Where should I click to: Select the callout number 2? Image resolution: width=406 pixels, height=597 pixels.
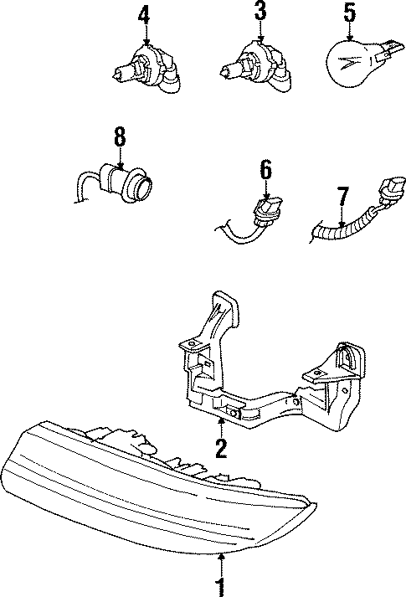[x=220, y=448]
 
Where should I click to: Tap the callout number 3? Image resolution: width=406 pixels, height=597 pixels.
[x=260, y=13]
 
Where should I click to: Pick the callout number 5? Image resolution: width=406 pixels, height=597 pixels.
[x=349, y=13]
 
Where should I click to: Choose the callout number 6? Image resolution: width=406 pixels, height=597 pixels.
[x=265, y=171]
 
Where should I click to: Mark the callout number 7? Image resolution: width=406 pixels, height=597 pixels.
[x=341, y=199]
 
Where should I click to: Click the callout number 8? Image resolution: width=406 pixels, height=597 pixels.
[x=120, y=136]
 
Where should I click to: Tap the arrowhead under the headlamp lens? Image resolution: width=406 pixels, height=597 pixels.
[x=220, y=555]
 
